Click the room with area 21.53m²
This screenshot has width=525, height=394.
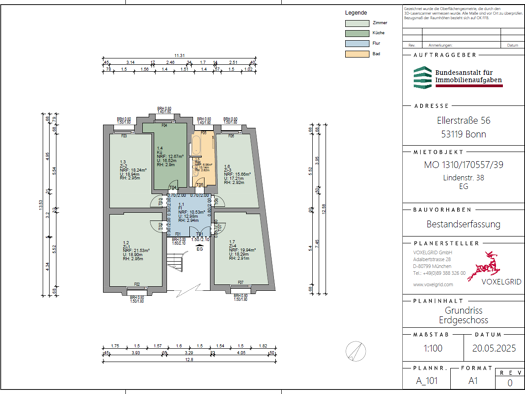(137, 250)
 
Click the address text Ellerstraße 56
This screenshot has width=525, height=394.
(461, 120)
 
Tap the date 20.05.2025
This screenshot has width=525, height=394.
(490, 348)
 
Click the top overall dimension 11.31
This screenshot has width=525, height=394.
(180, 54)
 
